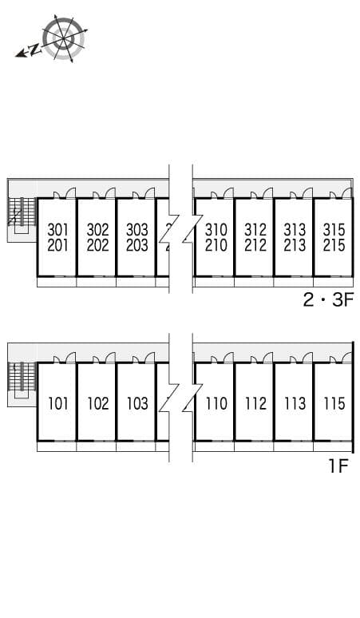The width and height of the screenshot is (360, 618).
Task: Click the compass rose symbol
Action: tap(63, 38)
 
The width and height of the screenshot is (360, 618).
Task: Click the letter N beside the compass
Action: tap(35, 50)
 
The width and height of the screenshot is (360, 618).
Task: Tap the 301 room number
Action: tap(58, 229)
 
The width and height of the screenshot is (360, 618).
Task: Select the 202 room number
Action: tap(97, 246)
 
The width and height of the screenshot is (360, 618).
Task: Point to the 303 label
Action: tap(137, 229)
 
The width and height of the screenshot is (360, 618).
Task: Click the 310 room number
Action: tap(216, 229)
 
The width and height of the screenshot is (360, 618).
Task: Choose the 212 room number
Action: tap(255, 246)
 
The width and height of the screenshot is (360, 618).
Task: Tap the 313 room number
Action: tap(295, 229)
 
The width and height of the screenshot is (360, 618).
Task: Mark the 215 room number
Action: tap(334, 246)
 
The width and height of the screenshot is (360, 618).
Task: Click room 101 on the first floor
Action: tap(58, 403)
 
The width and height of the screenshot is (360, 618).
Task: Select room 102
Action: tap(97, 403)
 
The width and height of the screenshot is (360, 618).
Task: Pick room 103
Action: tap(137, 403)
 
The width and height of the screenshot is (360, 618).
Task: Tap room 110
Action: tap(216, 403)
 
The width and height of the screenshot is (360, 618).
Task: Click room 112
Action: tap(255, 403)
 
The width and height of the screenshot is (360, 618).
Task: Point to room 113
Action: tap(295, 403)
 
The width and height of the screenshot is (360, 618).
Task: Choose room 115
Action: tap(334, 403)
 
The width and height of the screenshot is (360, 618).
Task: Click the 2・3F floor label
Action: tap(327, 301)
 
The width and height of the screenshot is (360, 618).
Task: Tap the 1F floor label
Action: tap(338, 466)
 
